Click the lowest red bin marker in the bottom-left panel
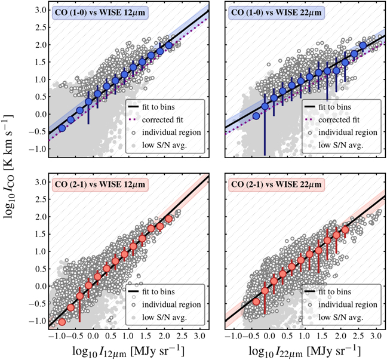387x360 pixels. pyautogui.click(x=62, y=322)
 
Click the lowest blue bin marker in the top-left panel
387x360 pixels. pyautogui.click(x=62, y=128)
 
